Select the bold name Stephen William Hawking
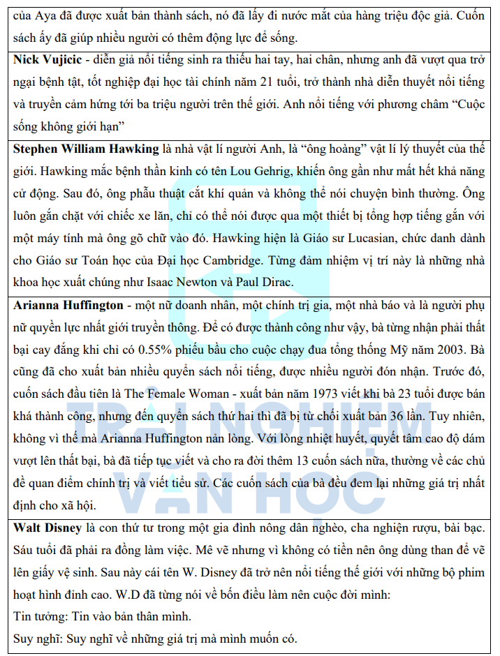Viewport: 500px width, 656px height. tap(86, 149)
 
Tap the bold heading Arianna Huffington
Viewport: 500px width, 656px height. tap(66, 306)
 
